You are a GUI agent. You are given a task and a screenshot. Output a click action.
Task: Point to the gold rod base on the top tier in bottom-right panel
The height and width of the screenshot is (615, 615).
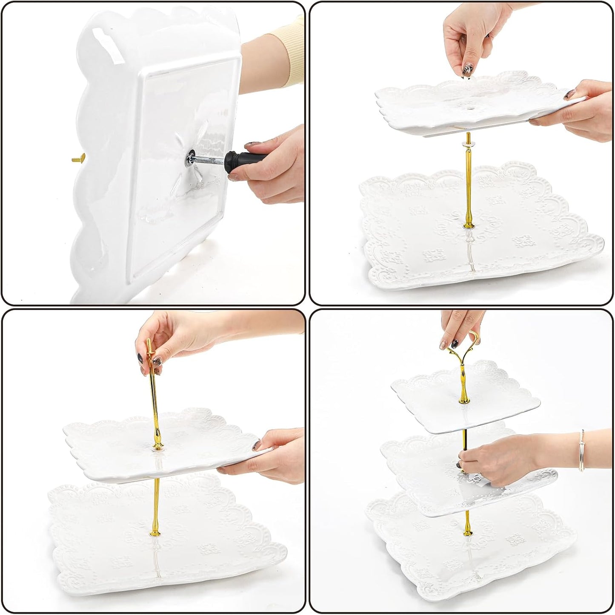pyautogui.click(x=464, y=399)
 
